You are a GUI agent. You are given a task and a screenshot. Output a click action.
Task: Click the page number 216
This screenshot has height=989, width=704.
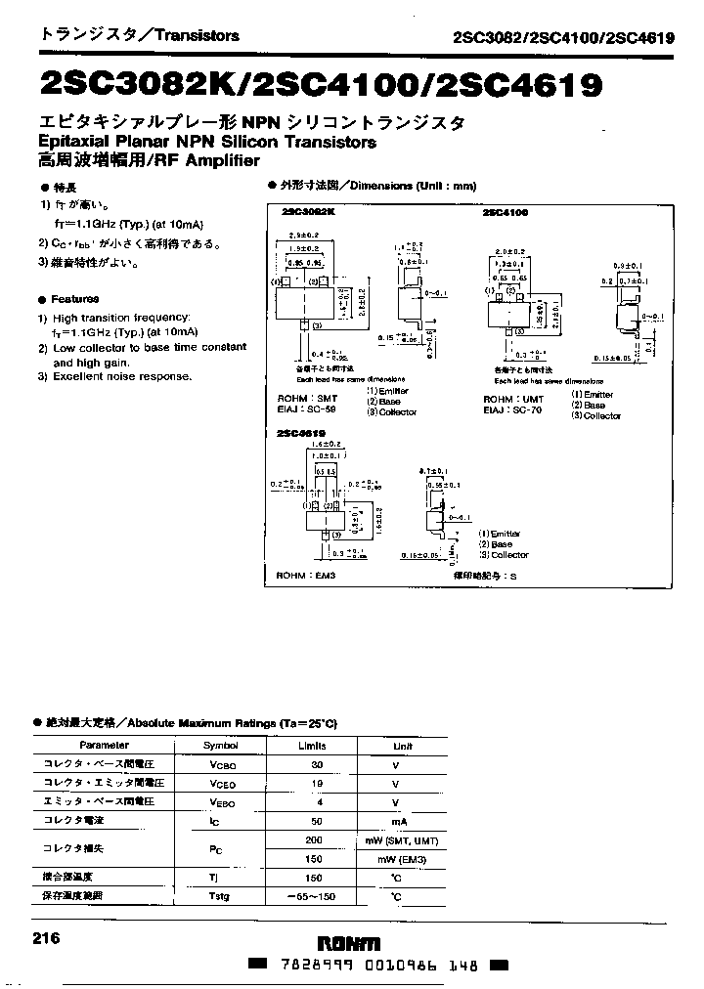click(x=47, y=938)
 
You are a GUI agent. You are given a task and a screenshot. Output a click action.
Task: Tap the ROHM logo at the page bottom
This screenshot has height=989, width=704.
click(x=350, y=943)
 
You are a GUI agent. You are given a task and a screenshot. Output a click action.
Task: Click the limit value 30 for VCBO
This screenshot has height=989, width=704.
click(x=316, y=765)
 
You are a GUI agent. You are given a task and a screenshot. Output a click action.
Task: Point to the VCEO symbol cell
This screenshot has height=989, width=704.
click(x=221, y=784)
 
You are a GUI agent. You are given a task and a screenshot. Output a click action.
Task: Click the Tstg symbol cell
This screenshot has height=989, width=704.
click(x=218, y=895)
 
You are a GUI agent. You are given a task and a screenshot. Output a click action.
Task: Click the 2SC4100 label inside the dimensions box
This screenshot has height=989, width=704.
click(x=505, y=212)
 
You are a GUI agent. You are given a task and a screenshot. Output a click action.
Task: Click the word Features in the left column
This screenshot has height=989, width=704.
click(x=75, y=299)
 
